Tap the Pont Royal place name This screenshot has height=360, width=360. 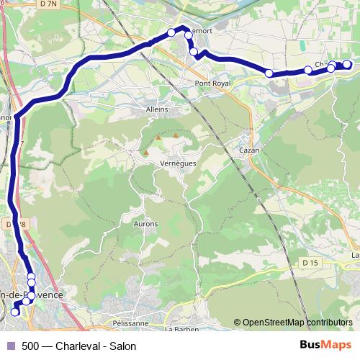coord(212,83)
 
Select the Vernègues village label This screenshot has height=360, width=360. coord(176,163)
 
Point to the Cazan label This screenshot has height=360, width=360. coord(249,150)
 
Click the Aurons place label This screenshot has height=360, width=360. coord(145,224)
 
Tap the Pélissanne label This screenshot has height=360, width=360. coord(131,323)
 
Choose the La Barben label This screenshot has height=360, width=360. coord(181,330)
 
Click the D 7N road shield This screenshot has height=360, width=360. coord(49,4)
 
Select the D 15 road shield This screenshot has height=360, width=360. coord(310,263)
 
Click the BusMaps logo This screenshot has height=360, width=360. coord(326,346)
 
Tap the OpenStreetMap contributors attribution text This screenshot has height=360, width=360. coord(297,323)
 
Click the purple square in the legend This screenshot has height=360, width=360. coord(10,346)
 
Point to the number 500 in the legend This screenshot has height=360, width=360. coord(30,346)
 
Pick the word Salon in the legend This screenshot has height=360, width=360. coord(122,346)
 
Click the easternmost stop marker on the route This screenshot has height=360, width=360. coord(347,65)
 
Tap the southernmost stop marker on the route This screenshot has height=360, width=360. coord(15,312)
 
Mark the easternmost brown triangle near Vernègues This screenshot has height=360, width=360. coord(176,135)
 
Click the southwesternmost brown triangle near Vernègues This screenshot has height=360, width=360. coord(146,152)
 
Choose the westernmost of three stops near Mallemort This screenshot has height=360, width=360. coord(171,32)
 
